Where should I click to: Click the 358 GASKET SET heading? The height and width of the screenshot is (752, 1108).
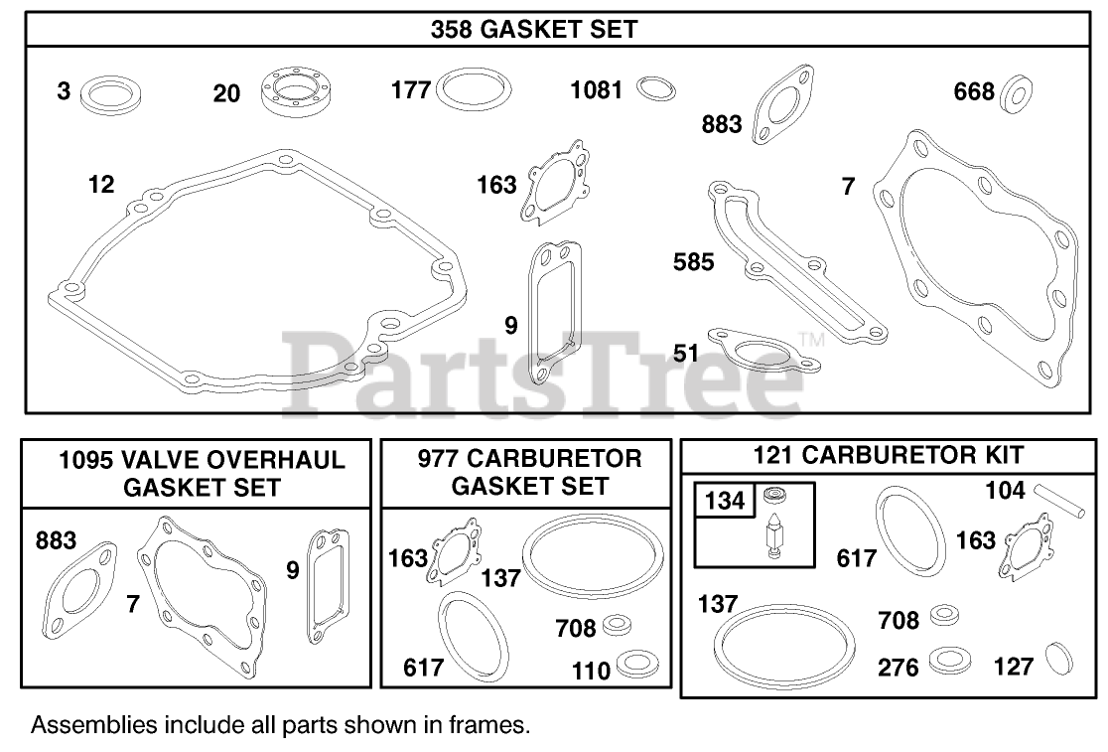click(534, 30)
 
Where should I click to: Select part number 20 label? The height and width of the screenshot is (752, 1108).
click(226, 93)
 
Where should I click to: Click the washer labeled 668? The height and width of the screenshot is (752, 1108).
click(1015, 92)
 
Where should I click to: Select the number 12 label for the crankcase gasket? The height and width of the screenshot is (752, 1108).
click(100, 184)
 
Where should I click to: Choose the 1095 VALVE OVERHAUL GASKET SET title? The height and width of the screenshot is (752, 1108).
click(202, 473)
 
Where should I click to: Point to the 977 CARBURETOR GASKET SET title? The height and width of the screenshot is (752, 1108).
click(528, 472)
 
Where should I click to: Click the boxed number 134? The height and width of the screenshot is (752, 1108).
click(724, 501)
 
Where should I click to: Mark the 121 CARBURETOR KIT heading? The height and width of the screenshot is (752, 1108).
click(889, 456)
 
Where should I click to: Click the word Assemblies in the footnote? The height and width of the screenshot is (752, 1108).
click(93, 725)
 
